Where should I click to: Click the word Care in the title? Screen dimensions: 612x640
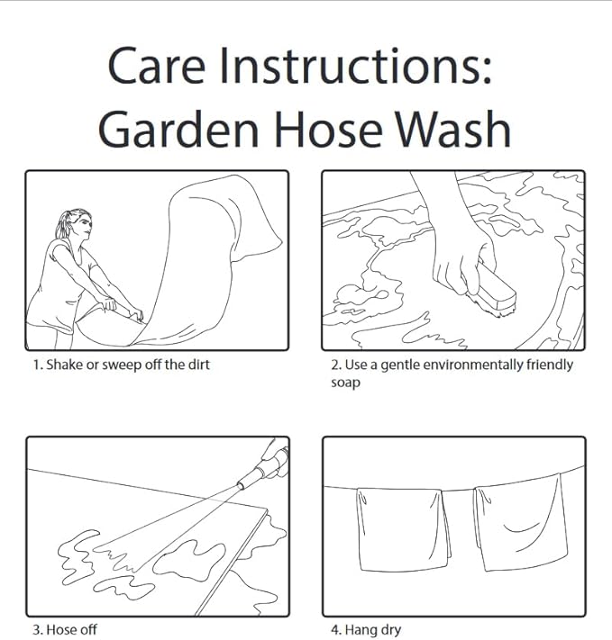(x=156, y=66)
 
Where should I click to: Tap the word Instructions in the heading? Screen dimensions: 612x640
(x=355, y=66)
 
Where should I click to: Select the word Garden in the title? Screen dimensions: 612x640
(x=178, y=129)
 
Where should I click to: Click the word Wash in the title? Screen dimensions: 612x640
(x=453, y=129)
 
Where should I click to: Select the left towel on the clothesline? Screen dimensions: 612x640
(x=403, y=529)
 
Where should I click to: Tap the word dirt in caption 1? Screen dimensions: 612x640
(x=198, y=365)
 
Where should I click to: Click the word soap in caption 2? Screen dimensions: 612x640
(x=345, y=383)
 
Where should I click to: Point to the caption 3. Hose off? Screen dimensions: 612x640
(x=65, y=629)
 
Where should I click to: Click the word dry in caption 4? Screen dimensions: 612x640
(x=391, y=630)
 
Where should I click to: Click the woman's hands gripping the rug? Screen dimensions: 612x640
(x=123, y=309)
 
